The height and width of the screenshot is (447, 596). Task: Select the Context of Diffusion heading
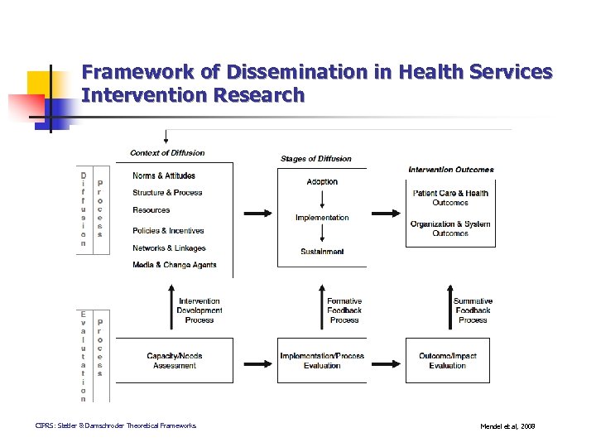pos(167,152)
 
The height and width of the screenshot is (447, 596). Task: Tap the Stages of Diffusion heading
pos(315,159)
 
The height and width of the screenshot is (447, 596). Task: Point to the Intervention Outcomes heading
pos(450,170)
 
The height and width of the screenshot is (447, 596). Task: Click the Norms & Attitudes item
pos(164,175)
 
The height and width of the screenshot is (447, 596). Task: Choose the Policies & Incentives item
pos(168,231)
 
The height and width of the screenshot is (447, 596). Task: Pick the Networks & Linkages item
pos(169,248)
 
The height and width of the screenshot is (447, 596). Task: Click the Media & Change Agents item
pos(174,265)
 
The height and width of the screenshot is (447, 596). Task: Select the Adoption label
pos(322,181)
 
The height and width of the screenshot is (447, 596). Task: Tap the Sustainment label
pos(322,252)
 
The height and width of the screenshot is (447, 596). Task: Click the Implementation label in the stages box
pos(322,218)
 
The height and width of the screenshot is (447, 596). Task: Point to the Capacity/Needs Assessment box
pos(174,360)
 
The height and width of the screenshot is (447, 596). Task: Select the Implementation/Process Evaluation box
pos(322,360)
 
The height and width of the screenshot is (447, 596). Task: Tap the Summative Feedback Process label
pos(473,310)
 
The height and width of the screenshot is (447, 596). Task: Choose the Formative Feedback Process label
pos(344,310)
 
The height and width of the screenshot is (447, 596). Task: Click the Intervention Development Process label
pos(199,310)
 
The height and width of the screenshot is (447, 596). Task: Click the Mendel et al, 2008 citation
pos(507,426)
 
